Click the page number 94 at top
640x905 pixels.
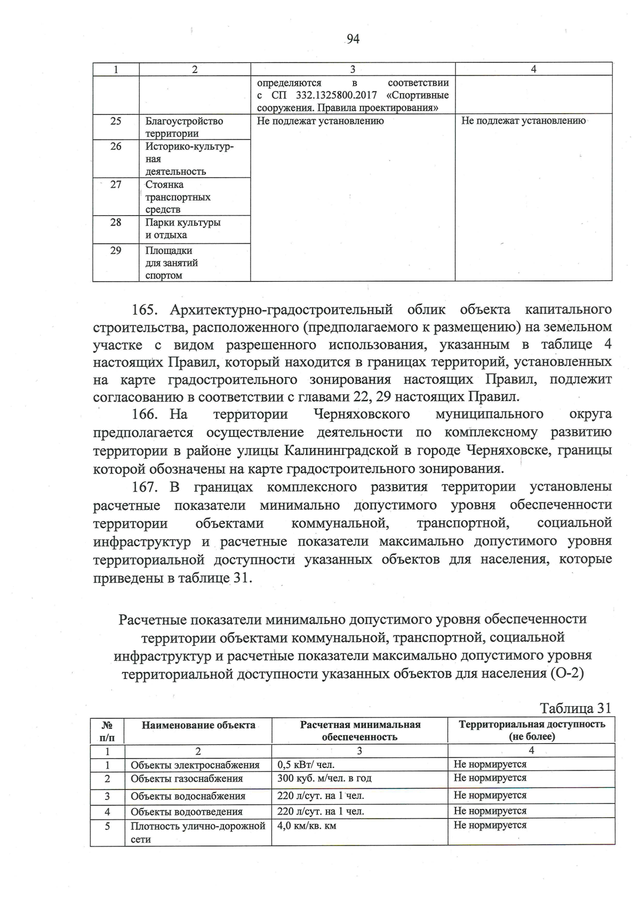[353, 39]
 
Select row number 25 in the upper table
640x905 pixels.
[116, 121]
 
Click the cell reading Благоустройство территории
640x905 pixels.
[184, 127]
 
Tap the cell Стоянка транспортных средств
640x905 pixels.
[178, 197]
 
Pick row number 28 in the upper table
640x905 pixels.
[116, 222]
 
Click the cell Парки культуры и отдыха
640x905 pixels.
[183, 229]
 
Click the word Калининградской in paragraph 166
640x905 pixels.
[341, 451]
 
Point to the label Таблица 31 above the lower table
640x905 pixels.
[575, 708]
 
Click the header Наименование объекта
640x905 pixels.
[198, 725]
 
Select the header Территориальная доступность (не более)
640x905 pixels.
[531, 731]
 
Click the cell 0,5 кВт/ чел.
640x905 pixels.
[306, 765]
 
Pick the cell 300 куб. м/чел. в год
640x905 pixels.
[324, 778]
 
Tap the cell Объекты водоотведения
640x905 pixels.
[187, 812]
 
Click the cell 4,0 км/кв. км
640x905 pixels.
[307, 826]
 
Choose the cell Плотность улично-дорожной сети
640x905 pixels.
[198, 832]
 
